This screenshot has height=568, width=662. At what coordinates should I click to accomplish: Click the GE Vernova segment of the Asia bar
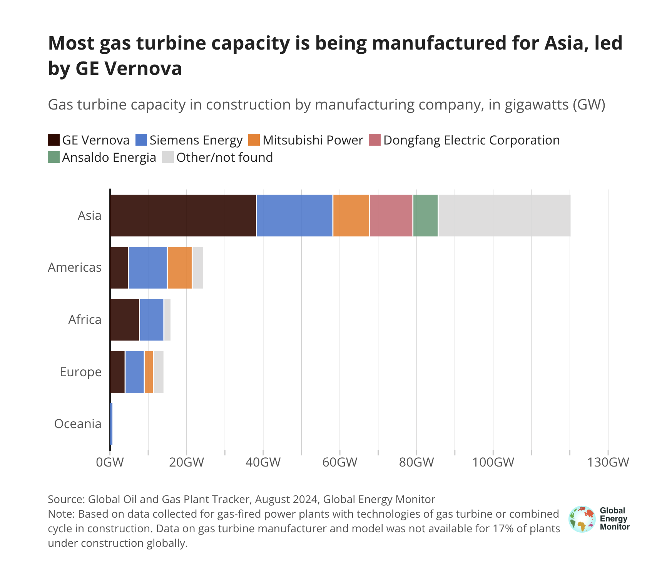click(183, 216)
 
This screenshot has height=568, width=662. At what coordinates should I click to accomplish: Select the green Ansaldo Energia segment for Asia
click(425, 216)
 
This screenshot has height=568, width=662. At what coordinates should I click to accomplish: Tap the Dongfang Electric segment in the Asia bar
click(391, 216)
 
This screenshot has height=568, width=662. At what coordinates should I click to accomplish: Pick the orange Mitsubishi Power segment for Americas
click(179, 267)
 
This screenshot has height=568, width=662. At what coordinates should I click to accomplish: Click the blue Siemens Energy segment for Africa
click(152, 320)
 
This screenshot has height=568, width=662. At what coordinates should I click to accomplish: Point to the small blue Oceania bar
click(111, 424)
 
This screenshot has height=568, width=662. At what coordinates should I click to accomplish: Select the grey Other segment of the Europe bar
click(159, 372)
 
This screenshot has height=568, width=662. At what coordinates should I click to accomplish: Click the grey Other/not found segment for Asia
click(504, 216)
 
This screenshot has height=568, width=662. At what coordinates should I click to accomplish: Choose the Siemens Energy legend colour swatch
click(141, 140)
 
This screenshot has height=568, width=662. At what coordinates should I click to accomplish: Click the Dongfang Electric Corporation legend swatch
click(375, 140)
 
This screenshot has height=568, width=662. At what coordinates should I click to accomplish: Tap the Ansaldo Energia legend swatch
click(54, 157)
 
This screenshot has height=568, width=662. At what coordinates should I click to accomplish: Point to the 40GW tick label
click(263, 462)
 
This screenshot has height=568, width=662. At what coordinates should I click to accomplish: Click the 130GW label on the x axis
click(608, 462)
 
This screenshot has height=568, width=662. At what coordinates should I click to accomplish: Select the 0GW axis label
click(110, 462)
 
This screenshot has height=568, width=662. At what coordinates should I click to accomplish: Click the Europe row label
click(80, 372)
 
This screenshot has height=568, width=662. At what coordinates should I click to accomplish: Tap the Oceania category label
click(78, 424)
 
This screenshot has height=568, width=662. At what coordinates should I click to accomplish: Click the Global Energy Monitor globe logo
click(582, 519)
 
